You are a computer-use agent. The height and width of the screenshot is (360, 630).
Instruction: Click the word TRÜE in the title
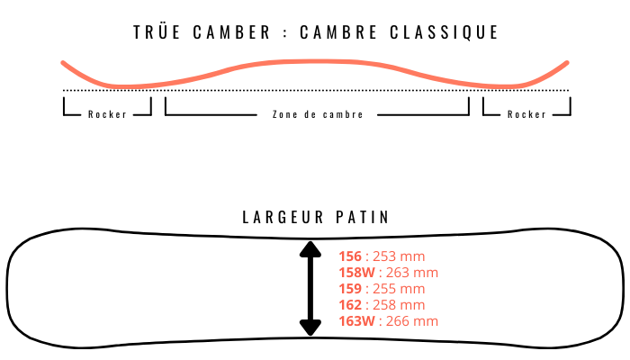pos(157,31)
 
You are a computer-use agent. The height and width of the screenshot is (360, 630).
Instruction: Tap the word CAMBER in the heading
pos(232,32)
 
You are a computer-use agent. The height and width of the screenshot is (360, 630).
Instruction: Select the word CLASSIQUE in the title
pos(444,32)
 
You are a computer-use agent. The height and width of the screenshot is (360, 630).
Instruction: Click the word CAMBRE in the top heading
pos(338,32)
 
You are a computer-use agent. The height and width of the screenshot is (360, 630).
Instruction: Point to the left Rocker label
pos(108,114)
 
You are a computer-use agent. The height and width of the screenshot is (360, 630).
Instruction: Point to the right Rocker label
pos(526,114)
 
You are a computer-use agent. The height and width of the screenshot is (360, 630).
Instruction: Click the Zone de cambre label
pos(318,114)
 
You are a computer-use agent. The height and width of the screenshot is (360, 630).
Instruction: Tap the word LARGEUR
pos(283,218)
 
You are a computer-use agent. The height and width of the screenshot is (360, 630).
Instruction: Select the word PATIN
pos(363,218)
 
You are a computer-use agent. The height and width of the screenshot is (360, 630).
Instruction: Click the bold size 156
pos(350,256)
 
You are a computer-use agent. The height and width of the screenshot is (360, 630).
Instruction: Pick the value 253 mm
pos(399,256)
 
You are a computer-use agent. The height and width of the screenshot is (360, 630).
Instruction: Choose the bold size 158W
pos(356,273)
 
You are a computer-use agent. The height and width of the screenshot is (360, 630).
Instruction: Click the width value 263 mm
pos(412,273)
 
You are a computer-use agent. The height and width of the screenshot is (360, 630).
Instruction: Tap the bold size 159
pos(350,289)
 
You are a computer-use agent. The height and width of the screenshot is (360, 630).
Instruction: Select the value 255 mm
pos(399,289)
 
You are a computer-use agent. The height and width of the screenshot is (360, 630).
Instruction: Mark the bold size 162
pos(350,305)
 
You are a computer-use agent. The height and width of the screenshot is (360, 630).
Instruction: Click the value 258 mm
pos(399,305)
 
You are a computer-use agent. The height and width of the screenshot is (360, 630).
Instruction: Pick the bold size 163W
pos(356,321)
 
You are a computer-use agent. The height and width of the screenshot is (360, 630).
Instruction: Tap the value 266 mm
pos(412,321)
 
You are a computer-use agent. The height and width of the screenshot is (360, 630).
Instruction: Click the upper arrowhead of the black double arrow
pos(310,249)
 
